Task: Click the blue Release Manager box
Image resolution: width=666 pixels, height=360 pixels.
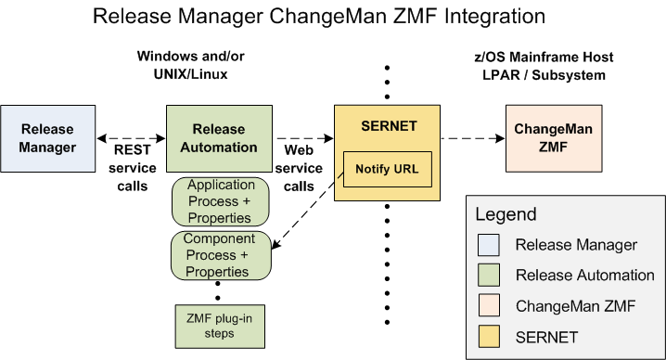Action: coord(47,138)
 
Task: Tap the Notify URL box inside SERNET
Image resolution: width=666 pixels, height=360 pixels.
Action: coord(387,170)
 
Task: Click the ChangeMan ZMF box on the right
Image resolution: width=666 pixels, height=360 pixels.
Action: coord(545,138)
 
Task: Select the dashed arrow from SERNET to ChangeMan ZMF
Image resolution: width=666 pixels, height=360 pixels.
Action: coord(471,138)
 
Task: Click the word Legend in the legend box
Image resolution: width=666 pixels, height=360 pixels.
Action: coord(506,214)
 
